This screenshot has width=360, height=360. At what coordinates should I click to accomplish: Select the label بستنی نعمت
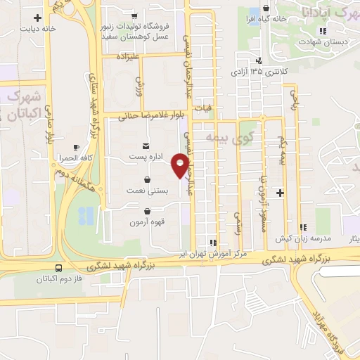(146, 190)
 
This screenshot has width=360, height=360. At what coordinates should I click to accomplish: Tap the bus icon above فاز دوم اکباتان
(58, 267)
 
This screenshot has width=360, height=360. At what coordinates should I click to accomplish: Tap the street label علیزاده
(130, 55)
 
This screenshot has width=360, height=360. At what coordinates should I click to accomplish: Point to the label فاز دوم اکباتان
(59, 279)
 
